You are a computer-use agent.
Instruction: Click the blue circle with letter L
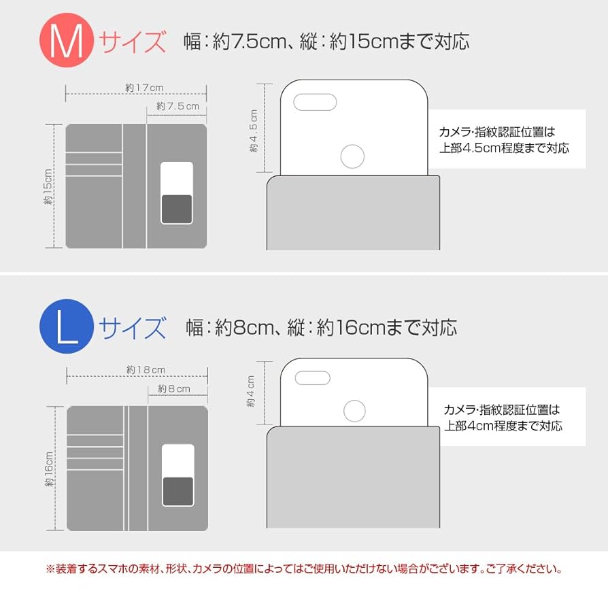67,326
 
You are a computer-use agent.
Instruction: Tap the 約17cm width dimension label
144,88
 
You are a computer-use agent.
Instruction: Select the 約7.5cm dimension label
178,106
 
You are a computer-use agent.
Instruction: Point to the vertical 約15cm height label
49,186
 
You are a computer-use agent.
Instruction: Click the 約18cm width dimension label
146,370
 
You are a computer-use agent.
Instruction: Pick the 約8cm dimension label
174,389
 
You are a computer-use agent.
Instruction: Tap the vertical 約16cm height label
49,469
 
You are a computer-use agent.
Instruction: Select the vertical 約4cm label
250,392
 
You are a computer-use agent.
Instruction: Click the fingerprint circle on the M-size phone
352,156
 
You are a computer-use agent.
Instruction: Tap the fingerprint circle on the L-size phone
354,411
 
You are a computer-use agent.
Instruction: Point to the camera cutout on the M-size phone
315,103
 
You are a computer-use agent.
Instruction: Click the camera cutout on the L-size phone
311,378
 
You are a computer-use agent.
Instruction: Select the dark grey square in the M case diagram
176,208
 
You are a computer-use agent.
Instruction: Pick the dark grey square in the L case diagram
178,491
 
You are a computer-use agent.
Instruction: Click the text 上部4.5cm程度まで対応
504,148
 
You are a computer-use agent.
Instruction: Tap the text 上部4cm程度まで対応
503,426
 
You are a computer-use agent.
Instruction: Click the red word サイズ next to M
133,42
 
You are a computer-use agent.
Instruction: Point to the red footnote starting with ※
303,569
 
